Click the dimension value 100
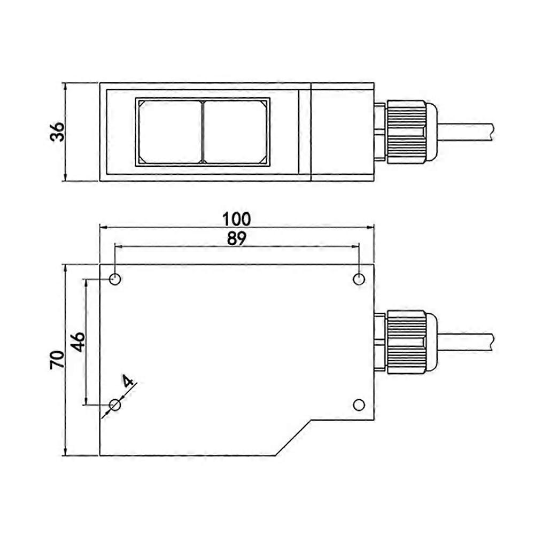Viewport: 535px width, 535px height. click(x=237, y=219)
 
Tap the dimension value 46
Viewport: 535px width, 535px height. click(x=78, y=341)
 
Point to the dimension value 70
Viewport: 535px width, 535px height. click(x=57, y=360)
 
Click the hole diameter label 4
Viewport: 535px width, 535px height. click(x=127, y=381)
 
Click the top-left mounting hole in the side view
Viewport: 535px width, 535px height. click(x=115, y=279)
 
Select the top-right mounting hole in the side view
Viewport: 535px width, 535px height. click(x=360, y=279)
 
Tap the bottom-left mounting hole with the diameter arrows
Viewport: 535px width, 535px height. click(x=115, y=405)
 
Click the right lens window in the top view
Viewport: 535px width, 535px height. click(x=235, y=131)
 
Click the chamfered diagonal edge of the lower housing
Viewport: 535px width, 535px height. click(x=293, y=438)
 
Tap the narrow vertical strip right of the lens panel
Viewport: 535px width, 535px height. click(x=305, y=131)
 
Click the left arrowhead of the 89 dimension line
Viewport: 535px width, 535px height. click(x=119, y=246)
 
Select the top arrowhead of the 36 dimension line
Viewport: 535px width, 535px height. click(x=65, y=87)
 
